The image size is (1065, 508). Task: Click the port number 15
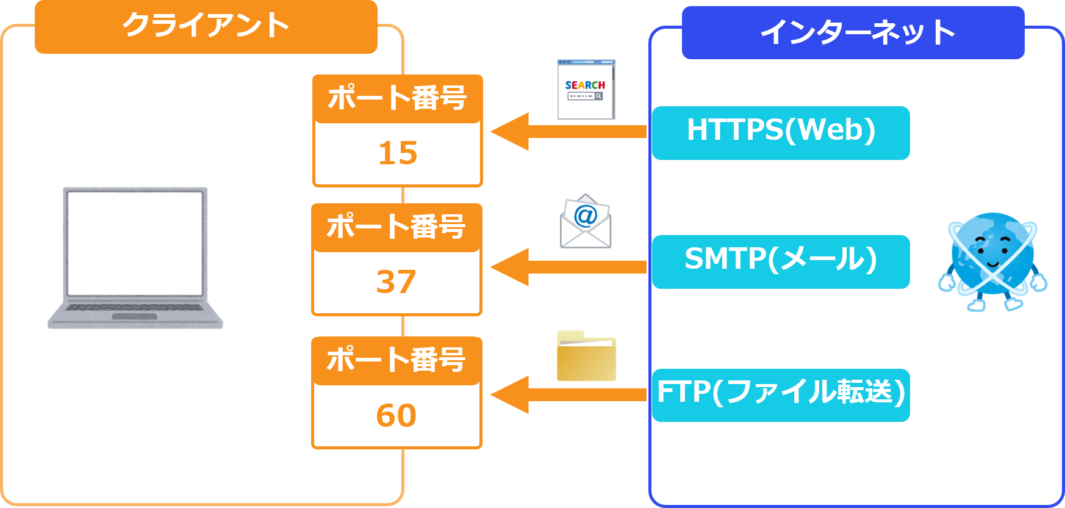click(x=398, y=153)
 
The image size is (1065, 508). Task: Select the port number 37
click(x=396, y=282)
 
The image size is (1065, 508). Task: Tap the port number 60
click(x=396, y=416)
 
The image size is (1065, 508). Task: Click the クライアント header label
click(x=206, y=26)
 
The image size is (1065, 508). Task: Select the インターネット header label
click(x=853, y=32)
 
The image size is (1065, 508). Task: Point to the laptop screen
click(x=135, y=242)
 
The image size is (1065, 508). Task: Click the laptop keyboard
click(x=135, y=308)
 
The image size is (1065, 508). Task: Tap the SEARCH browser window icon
click(x=586, y=90)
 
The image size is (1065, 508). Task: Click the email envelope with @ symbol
click(x=585, y=222)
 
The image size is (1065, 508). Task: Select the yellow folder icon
click(x=586, y=357)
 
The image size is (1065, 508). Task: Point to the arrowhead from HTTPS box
click(x=510, y=131)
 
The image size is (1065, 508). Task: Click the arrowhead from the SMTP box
click(x=510, y=267)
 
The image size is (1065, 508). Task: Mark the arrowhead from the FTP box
click(x=510, y=394)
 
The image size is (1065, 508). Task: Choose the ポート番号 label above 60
click(x=396, y=360)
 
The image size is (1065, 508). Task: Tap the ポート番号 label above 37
click(x=396, y=227)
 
